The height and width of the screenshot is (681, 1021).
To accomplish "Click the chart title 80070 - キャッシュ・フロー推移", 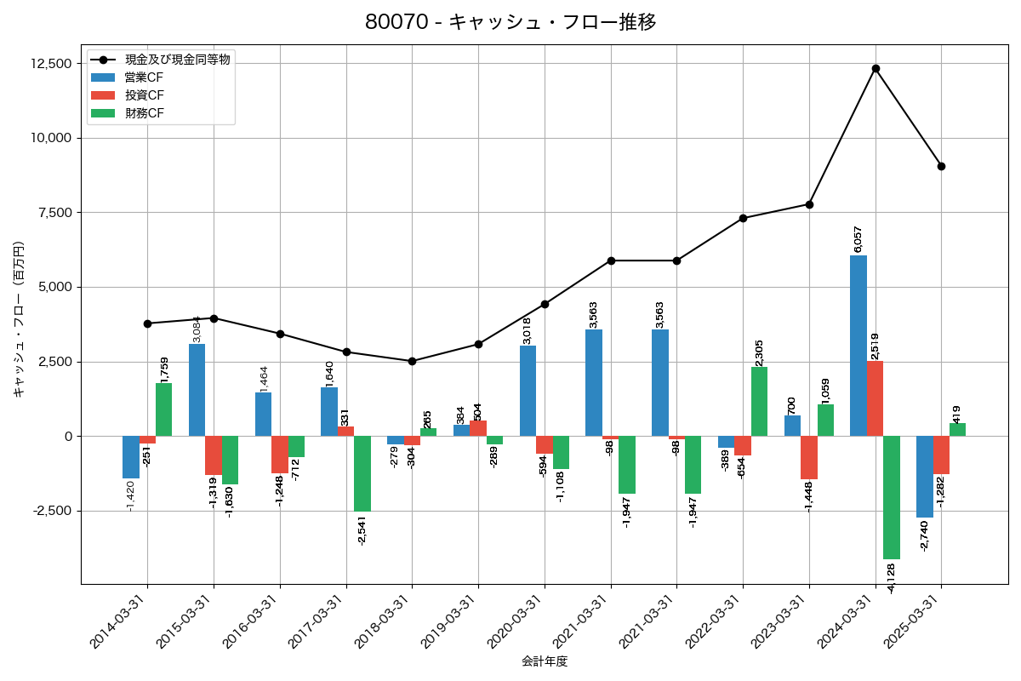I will [x=510, y=22].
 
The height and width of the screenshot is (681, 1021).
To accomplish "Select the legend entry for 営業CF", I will [x=144, y=77].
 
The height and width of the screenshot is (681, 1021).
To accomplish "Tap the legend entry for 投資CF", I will [x=144, y=95].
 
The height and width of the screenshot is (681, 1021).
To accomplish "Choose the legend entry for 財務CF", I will [x=144, y=113].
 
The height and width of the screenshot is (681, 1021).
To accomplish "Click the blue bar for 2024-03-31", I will [x=858, y=346].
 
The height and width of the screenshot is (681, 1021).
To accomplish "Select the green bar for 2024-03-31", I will [x=892, y=497].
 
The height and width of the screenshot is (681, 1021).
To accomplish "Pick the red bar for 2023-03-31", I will [x=809, y=457].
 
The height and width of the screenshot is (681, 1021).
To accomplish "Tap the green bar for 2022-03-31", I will [x=759, y=402].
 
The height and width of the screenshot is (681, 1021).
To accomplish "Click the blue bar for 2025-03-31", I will [x=925, y=477].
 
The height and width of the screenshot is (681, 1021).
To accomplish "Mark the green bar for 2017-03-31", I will [x=362, y=473].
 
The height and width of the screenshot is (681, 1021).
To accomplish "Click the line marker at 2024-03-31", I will [x=876, y=68].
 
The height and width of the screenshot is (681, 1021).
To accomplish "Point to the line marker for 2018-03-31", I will [x=413, y=361].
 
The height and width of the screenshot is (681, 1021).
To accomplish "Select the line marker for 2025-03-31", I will [x=941, y=166].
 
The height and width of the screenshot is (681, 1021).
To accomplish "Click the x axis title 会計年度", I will [x=545, y=661].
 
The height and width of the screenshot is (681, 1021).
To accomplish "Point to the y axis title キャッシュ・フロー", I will [x=19, y=319].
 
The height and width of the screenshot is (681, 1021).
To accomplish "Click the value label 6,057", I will [x=858, y=239].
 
